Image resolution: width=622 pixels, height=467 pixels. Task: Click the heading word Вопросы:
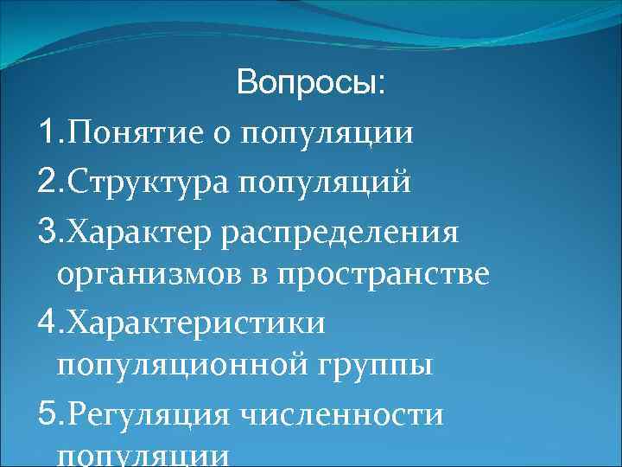312,85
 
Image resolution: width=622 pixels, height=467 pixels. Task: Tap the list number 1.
47,133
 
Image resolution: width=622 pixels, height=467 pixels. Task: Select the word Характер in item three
141,231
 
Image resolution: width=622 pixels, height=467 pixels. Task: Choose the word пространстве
384,276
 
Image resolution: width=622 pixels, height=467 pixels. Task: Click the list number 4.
47,323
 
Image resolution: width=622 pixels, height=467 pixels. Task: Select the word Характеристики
196,323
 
